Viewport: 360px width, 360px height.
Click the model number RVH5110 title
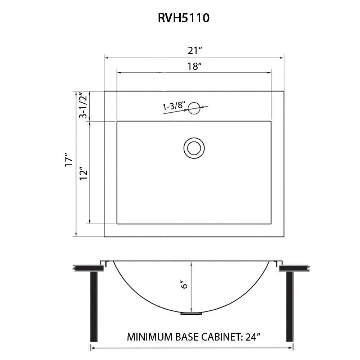[x=184, y=18]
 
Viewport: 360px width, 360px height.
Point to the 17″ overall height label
[x=68, y=161]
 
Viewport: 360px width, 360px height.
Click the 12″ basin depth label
[x=84, y=173]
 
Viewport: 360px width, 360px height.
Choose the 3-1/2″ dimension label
[x=83, y=105]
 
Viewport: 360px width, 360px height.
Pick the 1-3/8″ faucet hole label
[x=174, y=106]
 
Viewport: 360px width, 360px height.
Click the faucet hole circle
[x=194, y=108]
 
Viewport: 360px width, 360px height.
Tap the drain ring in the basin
[x=194, y=148]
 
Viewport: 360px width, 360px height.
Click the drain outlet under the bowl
[x=191, y=314]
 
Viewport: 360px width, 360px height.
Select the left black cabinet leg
[x=94, y=306]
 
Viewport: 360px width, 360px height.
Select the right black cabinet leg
[x=289, y=306]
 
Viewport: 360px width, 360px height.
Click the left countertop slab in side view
[x=89, y=268]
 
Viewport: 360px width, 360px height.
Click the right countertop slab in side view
[x=294, y=268]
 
